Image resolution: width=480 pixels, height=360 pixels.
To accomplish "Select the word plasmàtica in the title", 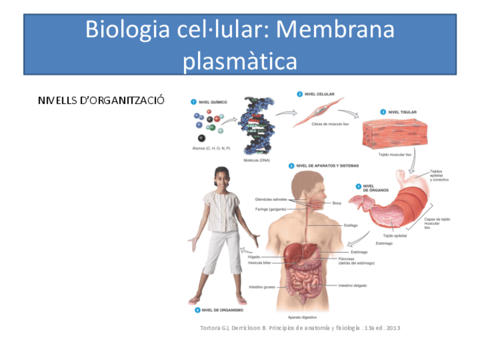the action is [x=239, y=60].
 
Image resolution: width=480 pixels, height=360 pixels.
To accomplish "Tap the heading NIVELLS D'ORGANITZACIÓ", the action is [x=101, y=101].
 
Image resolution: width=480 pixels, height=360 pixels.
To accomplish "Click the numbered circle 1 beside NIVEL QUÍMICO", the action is [x=194, y=102].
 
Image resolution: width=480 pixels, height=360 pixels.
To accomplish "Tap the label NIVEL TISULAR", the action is [x=402, y=112].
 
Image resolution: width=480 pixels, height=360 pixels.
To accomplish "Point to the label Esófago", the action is [x=351, y=225].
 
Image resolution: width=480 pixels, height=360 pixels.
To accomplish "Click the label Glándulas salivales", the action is [x=271, y=199].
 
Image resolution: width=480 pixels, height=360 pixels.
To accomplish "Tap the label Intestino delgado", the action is [x=352, y=285].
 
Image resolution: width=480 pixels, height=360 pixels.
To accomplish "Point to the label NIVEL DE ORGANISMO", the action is [x=222, y=310].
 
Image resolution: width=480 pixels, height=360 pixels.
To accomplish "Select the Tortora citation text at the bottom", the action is [x=300, y=328].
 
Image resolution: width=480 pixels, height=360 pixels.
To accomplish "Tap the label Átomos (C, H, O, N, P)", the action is [x=211, y=148].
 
